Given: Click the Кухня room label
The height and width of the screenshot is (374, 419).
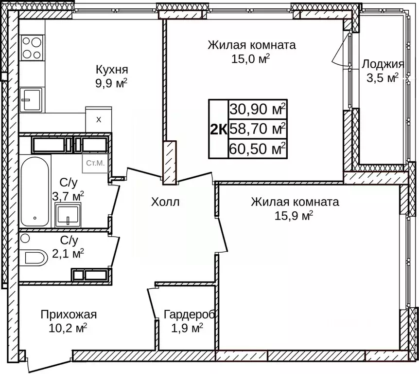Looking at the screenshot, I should pyautogui.click(x=111, y=69).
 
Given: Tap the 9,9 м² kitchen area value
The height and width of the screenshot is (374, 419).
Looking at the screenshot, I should pyautogui.click(x=111, y=82).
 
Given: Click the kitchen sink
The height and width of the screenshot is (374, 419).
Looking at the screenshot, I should pyautogui.click(x=31, y=100).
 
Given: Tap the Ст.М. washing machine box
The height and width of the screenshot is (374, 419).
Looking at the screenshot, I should pyautogui.click(x=95, y=163).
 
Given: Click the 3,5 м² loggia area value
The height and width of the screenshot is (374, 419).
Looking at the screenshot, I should pyautogui.click(x=383, y=78).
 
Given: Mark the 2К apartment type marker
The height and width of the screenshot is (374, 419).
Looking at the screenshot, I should pyautogui.click(x=218, y=129).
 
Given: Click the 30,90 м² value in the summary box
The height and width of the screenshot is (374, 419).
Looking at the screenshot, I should pyautogui.click(x=258, y=110).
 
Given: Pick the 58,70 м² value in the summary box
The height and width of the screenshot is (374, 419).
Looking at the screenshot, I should pyautogui.click(x=258, y=129).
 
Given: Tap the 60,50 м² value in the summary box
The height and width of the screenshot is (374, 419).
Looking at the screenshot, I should pyautogui.click(x=258, y=149).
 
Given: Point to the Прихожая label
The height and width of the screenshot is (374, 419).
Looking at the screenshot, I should pyautogui.click(x=69, y=314).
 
